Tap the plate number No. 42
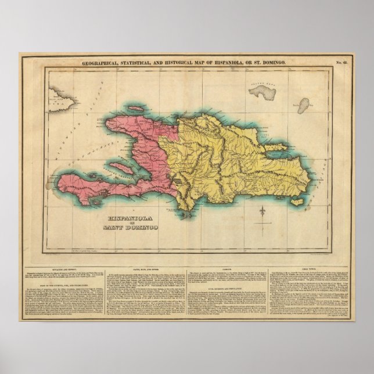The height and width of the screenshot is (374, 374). pyautogui.click(x=342, y=62)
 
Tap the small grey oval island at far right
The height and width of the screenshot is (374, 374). pyautogui.click(x=303, y=105)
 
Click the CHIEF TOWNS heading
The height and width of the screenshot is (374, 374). pyautogui.click(x=308, y=269)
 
